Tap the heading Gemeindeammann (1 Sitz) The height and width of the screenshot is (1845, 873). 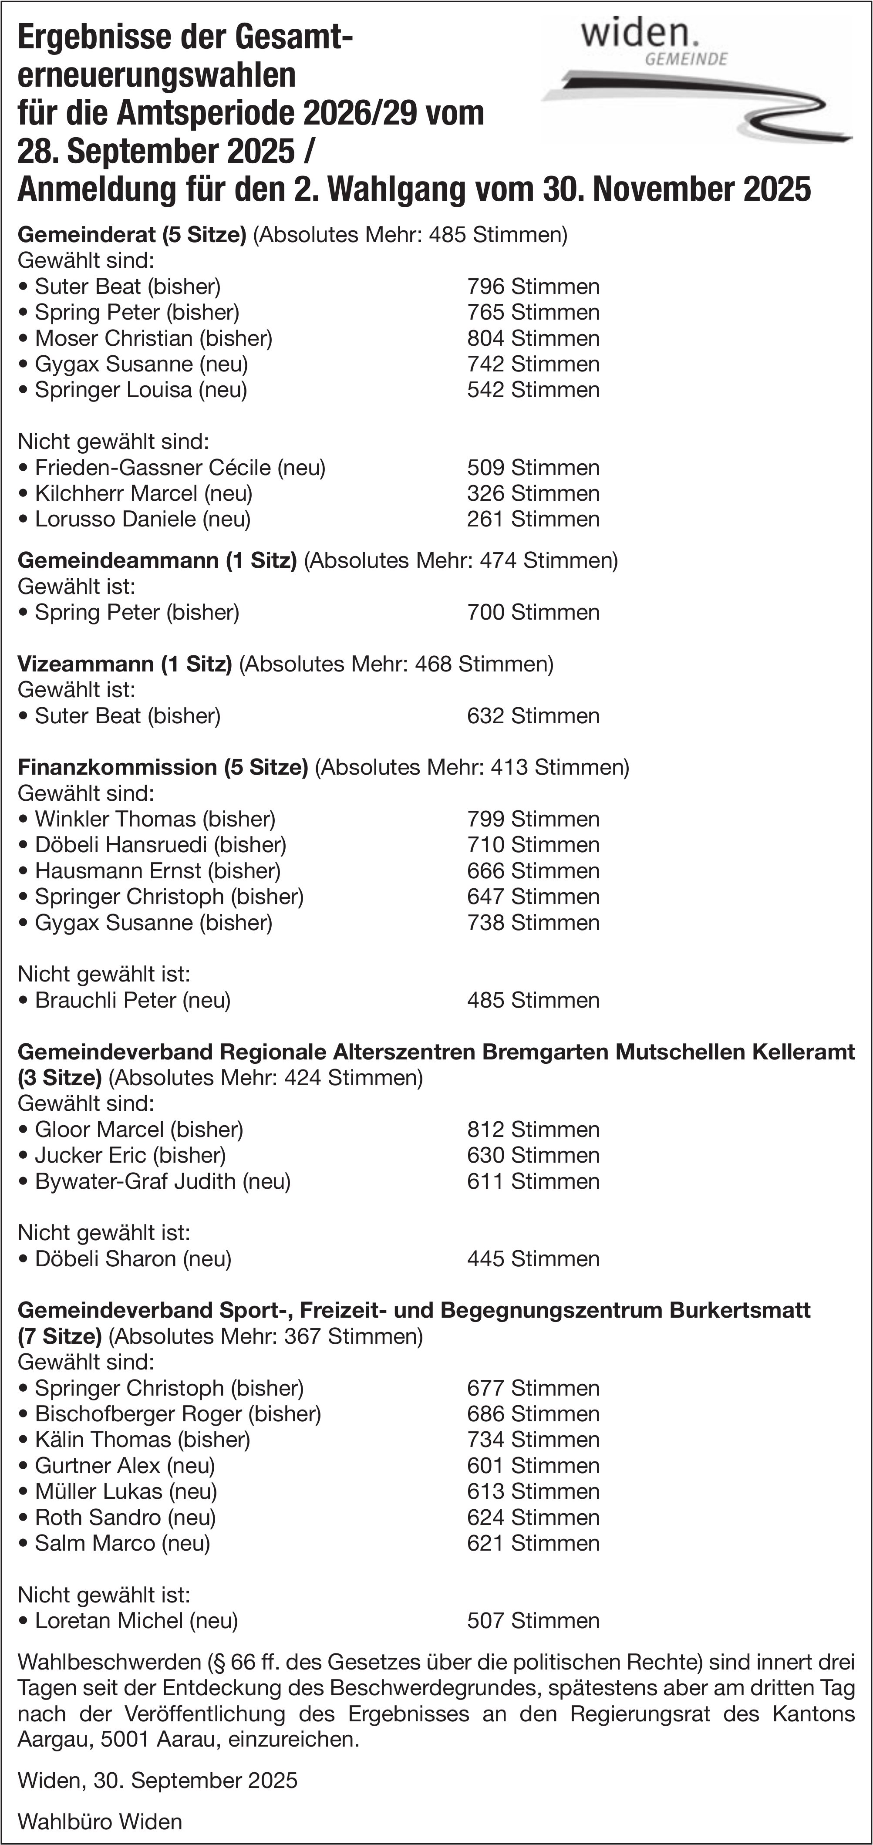(157, 560)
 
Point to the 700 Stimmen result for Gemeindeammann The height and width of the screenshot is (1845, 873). (533, 612)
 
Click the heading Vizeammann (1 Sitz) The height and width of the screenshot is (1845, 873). (125, 664)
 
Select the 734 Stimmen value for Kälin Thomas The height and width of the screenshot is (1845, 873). (533, 1440)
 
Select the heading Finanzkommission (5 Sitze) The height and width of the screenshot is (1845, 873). (162, 767)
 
